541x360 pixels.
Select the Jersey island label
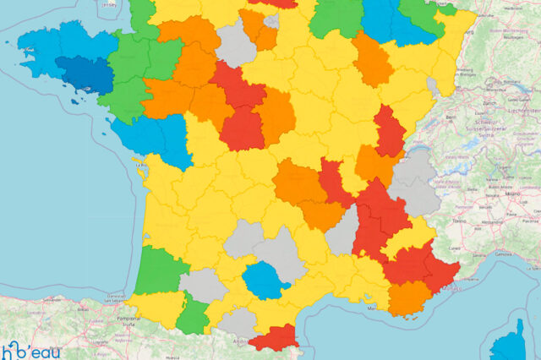[x=109, y=3]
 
